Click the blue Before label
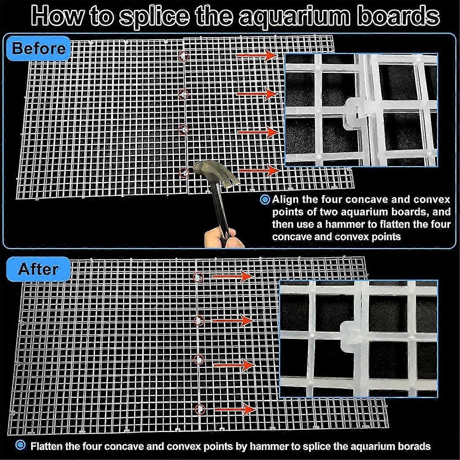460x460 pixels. click(38, 49)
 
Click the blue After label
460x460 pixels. click(38, 269)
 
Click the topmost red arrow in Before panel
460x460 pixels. click(256, 56)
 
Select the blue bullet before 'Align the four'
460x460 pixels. click(265, 200)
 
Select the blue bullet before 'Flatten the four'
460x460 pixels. click(21, 446)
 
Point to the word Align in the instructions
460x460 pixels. click(285, 200)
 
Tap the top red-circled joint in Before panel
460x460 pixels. click(184, 56)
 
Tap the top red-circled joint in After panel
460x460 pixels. click(198, 276)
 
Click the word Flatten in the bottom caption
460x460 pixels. click(47, 446)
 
